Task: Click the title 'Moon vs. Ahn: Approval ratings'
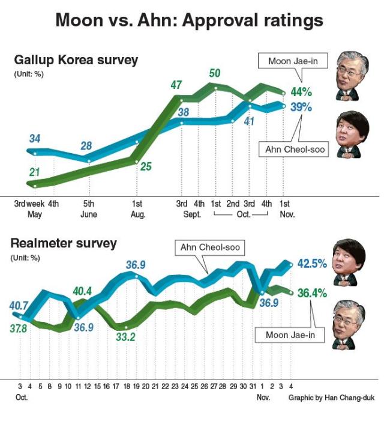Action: click(189, 20)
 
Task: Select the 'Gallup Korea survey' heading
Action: click(76, 60)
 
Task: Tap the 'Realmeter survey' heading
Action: click(64, 244)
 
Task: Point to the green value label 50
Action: click(214, 73)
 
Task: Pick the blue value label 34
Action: click(35, 139)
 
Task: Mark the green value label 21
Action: click(35, 173)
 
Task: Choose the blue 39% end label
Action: click(301, 107)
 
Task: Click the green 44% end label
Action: click(301, 92)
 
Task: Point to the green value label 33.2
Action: click(125, 337)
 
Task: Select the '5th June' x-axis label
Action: click(88, 208)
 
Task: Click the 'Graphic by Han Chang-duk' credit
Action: click(331, 398)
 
